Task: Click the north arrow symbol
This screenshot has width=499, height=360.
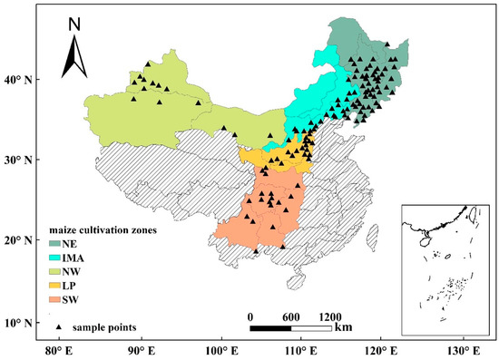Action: point(74,56)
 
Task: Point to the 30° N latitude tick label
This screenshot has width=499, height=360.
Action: point(19,160)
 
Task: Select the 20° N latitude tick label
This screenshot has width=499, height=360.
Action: point(19,240)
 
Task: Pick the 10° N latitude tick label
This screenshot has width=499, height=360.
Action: point(19,322)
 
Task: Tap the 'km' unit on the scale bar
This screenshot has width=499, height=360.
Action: point(342,326)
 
